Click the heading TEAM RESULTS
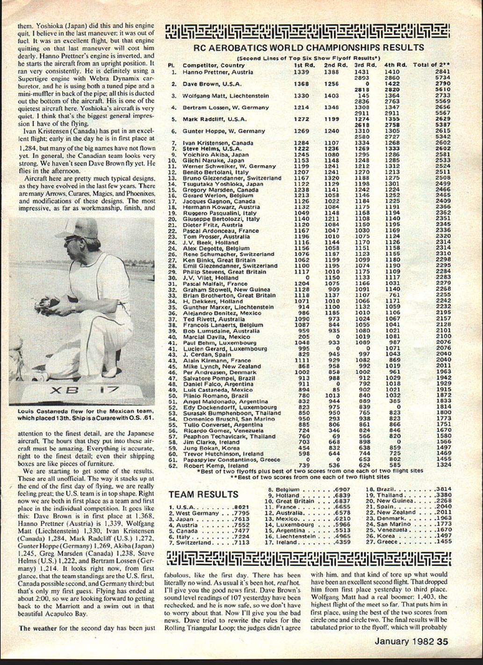coord(203,494)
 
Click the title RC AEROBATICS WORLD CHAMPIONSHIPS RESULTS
coord(309,47)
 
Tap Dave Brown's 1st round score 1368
coord(301,84)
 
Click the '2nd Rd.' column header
coord(335,65)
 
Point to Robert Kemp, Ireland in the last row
coord(209,465)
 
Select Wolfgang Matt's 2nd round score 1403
coord(331,95)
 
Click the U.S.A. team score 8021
coord(240,507)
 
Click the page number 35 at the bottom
coord(442,642)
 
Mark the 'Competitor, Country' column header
coord(213,65)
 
